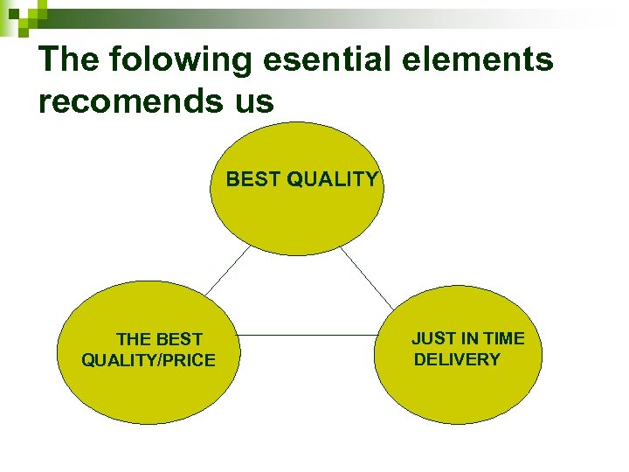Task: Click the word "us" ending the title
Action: tap(253, 101)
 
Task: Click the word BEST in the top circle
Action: tap(253, 180)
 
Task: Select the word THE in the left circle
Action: tap(135, 339)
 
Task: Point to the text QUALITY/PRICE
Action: tap(148, 360)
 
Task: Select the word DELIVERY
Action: tap(457, 359)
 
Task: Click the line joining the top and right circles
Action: tap(367, 278)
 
